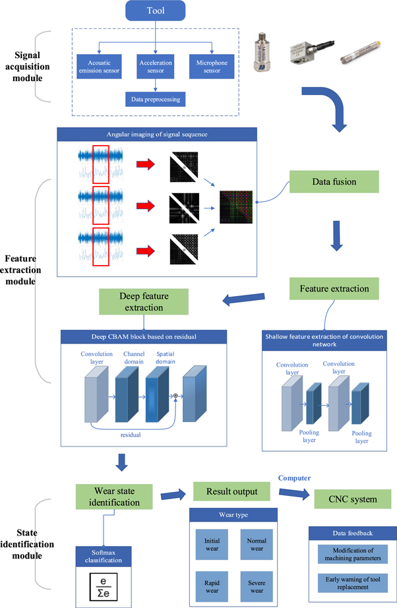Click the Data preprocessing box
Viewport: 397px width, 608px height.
coord(155,100)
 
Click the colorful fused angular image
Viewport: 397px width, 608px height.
coord(236,207)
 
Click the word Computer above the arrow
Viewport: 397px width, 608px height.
coord(294,477)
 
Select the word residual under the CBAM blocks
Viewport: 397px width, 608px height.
coord(131,436)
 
